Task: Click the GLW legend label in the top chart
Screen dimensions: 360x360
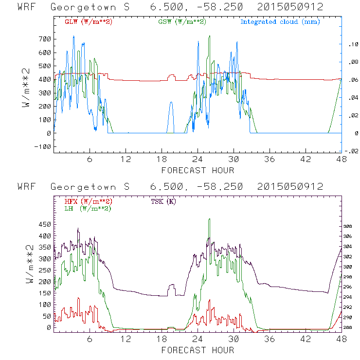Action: coord(89,22)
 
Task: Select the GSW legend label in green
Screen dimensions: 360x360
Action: coord(181,22)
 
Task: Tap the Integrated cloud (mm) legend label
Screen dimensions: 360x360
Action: coord(280,22)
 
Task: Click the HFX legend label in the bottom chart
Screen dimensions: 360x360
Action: coord(89,201)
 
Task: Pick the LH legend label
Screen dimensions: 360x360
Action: coord(88,208)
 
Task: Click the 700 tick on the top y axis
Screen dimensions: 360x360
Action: coord(44,39)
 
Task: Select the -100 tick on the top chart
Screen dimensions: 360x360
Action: coord(42,146)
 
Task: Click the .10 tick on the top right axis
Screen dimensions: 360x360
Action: coord(351,45)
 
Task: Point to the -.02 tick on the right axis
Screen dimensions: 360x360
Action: coord(352,151)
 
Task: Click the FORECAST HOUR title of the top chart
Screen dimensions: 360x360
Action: coord(198,170)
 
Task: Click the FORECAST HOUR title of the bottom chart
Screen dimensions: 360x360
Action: coord(198,350)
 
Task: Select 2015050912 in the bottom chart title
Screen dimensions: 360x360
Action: coord(290,187)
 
